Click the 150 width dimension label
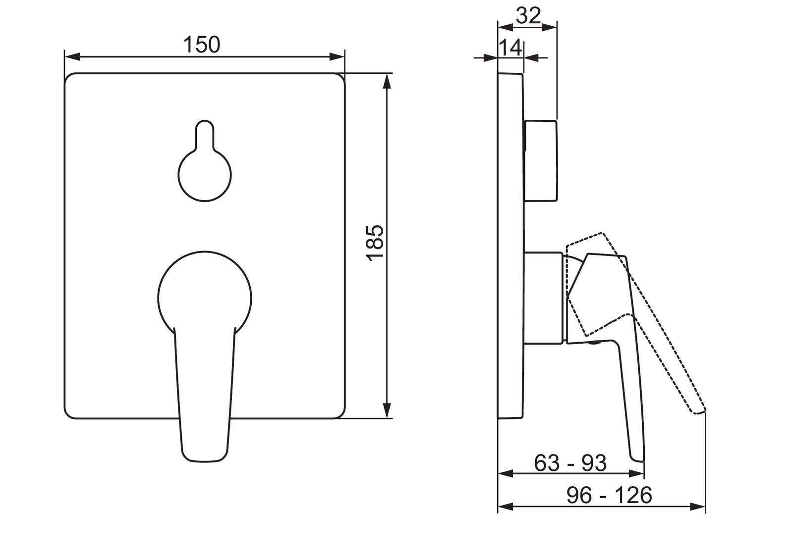[x=201, y=45]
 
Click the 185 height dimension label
[x=375, y=244]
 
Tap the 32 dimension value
[x=528, y=15]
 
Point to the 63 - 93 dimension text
[x=570, y=463]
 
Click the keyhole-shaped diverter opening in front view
[x=205, y=161]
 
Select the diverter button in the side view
[x=541, y=161]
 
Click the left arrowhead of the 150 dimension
[x=72, y=56]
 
